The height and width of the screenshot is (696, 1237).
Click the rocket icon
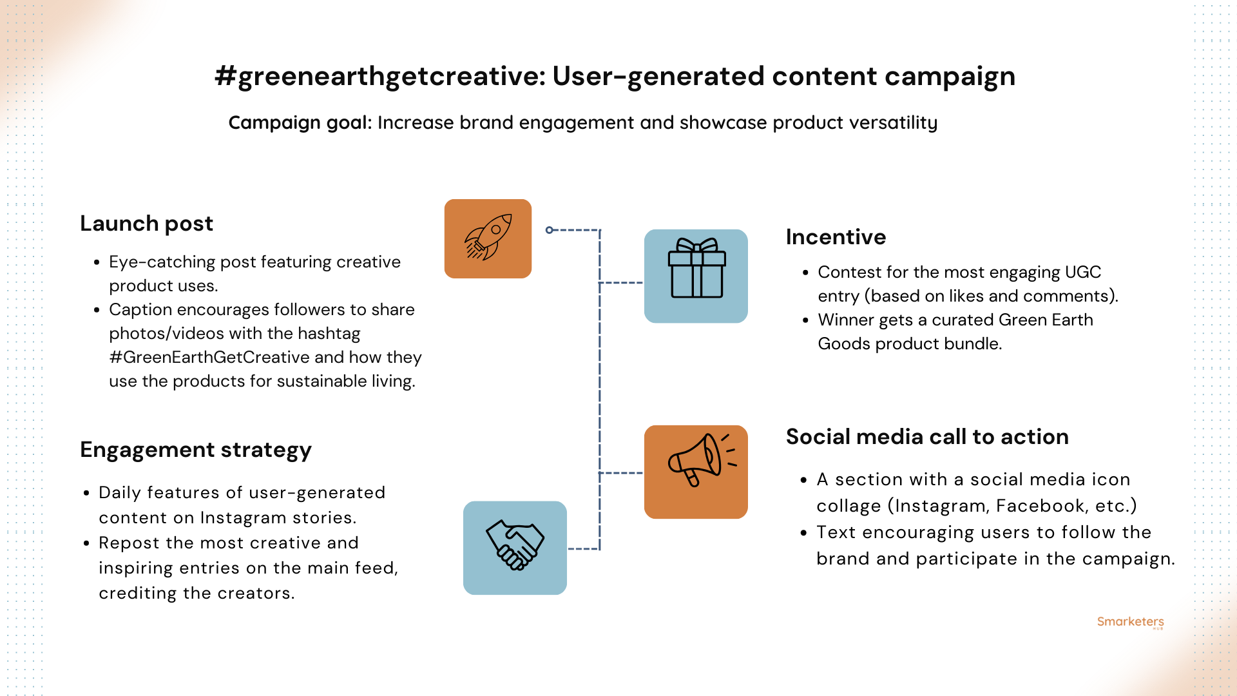tap(488, 238)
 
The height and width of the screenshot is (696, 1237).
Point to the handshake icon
tap(515, 546)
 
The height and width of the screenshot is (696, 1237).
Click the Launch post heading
tap(146, 224)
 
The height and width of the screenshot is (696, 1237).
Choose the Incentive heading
tap(836, 237)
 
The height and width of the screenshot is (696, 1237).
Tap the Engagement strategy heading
tap(196, 450)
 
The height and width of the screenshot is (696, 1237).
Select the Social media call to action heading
tap(927, 437)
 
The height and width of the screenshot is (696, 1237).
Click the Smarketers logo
tap(1130, 622)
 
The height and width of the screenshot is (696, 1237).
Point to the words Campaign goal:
tap(300, 122)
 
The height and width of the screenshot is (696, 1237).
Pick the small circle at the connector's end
tap(549, 230)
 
